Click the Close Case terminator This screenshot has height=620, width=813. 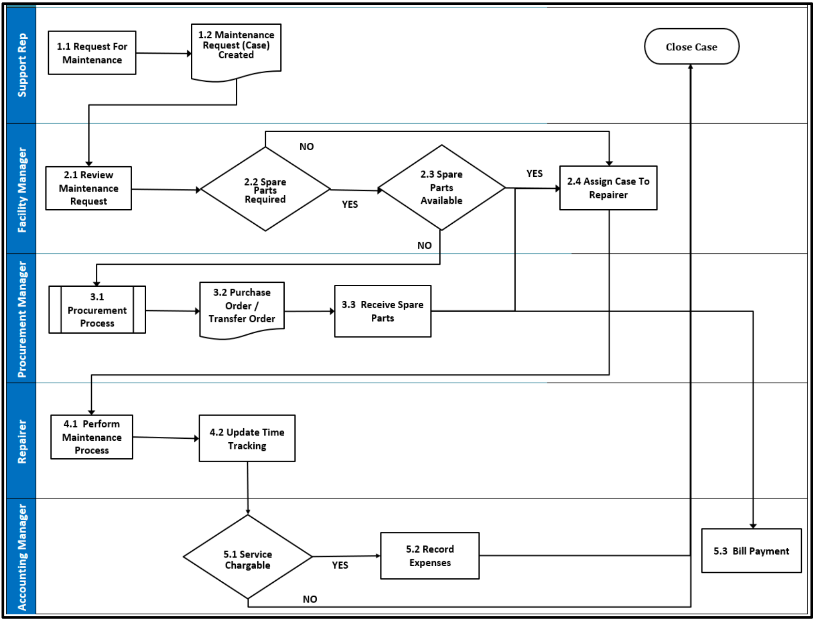691,47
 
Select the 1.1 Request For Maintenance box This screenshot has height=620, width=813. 92,53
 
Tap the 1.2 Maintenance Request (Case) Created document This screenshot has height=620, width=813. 236,48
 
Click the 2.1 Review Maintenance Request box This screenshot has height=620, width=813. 89,188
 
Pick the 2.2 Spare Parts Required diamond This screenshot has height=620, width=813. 265,189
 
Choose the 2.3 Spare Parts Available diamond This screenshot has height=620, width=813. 441,187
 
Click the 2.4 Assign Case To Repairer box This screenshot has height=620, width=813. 608,188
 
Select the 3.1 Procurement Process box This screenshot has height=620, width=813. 97,310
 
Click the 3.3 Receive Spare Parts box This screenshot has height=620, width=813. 383,311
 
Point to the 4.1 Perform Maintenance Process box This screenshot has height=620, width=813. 92,437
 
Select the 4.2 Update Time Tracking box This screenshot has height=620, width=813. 247,438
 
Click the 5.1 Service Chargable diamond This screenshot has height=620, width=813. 247,558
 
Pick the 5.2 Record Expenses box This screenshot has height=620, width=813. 430,556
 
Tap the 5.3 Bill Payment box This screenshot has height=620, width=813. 751,551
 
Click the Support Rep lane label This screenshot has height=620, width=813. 22,65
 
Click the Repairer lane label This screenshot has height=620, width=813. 22,441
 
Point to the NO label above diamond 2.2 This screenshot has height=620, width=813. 307,147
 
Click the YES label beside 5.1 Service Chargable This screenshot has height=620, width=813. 340,565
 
